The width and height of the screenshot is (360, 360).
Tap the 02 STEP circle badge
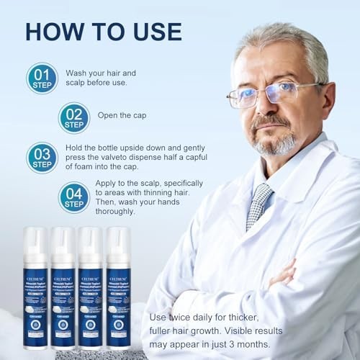[73, 117]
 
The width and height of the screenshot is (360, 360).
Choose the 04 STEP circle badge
[73, 197]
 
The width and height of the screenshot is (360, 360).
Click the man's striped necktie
[258, 205]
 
